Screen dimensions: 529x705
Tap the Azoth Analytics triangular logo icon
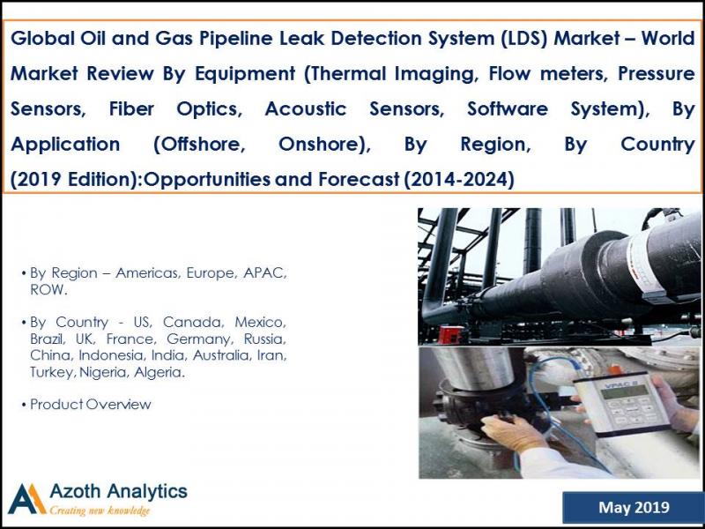pos(26,498)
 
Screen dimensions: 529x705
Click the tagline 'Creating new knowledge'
pos(100,511)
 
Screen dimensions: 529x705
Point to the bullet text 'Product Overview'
pos(91,405)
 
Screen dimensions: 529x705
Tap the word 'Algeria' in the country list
pos(159,373)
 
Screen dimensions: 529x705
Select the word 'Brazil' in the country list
pos(50,339)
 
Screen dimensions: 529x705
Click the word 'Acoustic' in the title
pos(304,110)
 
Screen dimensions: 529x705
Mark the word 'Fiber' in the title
pos(132,110)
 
